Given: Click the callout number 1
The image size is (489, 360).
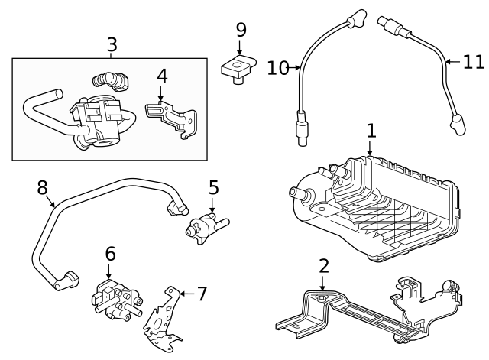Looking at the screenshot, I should pos(371,131).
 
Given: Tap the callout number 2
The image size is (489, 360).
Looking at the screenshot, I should pos(324,266).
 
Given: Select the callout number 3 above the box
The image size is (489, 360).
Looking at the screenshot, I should pos(112,44).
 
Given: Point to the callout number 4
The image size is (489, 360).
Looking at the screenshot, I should pos(161,77).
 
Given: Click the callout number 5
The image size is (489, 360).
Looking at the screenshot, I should pos(214,187).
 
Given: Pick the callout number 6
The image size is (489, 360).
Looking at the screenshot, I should pos(110,253).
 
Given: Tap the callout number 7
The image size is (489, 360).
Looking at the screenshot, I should pos(202,294).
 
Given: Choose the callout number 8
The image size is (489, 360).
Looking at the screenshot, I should pos(43,187).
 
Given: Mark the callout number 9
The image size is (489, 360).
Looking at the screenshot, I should pos(241,31).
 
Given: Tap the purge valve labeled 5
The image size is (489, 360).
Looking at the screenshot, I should pos(202,226).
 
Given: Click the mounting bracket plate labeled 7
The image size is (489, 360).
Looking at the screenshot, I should pos(164,317).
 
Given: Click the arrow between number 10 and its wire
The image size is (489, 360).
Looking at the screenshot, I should pos(294,69).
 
